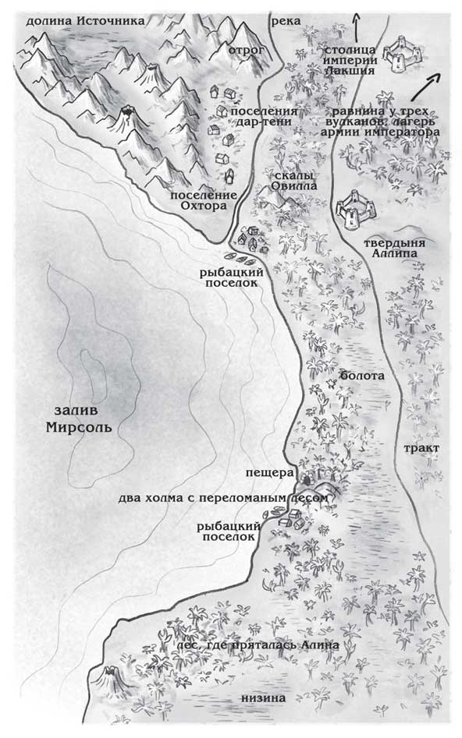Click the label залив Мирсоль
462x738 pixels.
(x=78, y=419)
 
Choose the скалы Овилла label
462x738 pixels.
(x=294, y=182)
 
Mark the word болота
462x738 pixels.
(x=362, y=376)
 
